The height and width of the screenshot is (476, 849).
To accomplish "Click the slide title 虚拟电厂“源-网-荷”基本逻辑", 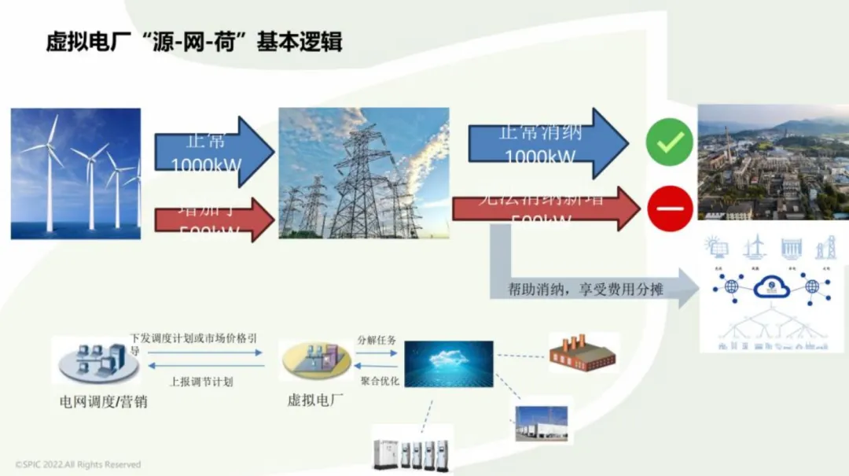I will point(193,41).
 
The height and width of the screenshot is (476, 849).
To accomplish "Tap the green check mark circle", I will point(669,142).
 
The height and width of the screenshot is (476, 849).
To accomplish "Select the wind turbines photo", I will point(75,173).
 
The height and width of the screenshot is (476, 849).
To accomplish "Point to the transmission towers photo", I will point(364,173).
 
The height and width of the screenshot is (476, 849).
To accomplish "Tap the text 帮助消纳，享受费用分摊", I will point(585,290).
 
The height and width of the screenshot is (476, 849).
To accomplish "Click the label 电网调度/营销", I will point(104,402).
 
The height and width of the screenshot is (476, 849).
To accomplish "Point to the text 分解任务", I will point(377,341).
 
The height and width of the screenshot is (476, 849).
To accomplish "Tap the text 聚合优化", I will point(380,381).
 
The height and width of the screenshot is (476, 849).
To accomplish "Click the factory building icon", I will point(583,355).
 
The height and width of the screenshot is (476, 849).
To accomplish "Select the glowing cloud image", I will point(448,363).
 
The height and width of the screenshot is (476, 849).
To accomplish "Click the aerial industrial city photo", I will point(773,162).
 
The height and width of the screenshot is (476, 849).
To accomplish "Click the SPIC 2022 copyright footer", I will point(78,464).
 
